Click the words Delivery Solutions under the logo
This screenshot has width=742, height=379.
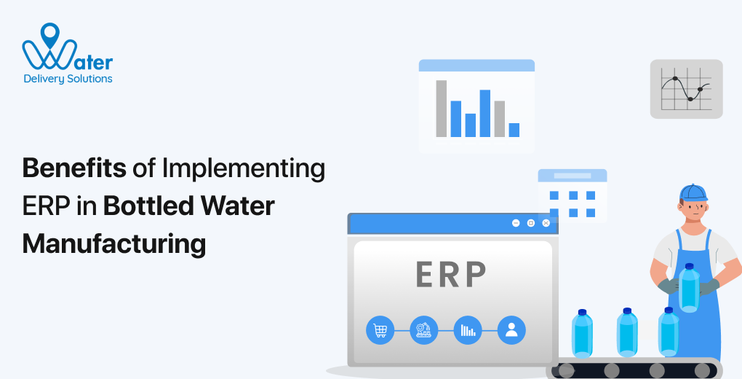coord(68,79)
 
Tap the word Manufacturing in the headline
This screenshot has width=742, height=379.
coord(114,243)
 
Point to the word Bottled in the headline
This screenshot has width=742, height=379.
coord(149,206)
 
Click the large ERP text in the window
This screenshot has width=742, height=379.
coord(451,274)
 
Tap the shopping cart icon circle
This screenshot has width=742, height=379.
coord(380,330)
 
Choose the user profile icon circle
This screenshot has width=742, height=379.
coord(511,330)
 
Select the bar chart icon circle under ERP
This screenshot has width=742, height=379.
coord(467,330)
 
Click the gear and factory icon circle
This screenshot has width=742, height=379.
coord(423,330)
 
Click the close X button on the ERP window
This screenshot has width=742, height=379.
coord(546,223)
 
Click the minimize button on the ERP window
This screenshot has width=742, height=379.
coord(516,223)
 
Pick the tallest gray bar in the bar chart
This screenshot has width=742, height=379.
coord(441,109)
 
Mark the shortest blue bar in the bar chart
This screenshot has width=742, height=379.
coord(514,130)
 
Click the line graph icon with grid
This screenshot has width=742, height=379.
coord(686,89)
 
